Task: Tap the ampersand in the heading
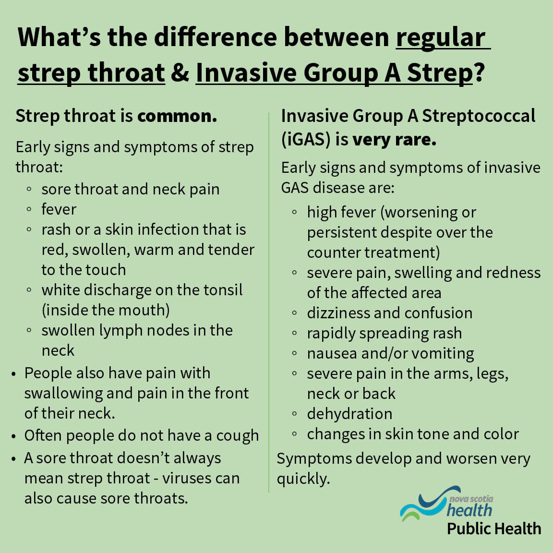click(x=180, y=73)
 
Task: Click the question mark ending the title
click(x=479, y=73)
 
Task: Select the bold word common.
click(x=177, y=116)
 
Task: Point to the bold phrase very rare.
click(x=394, y=139)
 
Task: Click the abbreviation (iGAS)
click(x=306, y=139)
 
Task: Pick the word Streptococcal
click(x=479, y=116)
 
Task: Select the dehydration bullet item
click(x=349, y=414)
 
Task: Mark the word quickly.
click(x=303, y=479)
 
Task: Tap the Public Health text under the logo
click(x=493, y=529)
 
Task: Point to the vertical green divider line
click(x=269, y=302)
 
